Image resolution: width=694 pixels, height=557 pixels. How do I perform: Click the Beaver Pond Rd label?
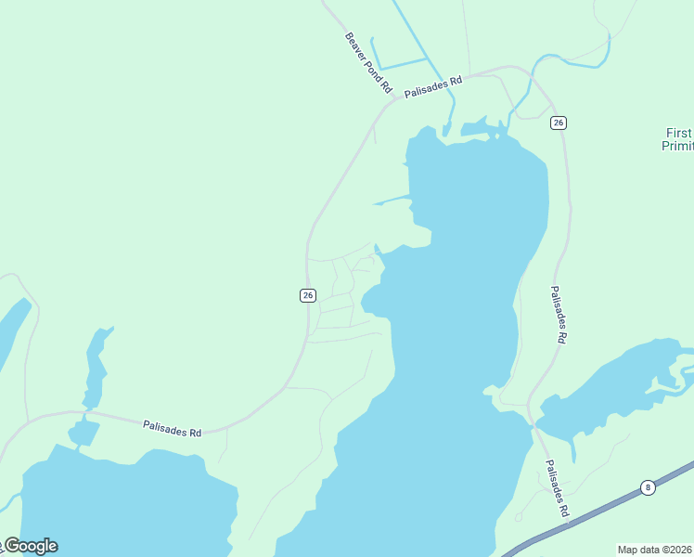tap(368, 63)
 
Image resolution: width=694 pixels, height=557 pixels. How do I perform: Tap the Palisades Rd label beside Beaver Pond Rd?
tap(432, 88)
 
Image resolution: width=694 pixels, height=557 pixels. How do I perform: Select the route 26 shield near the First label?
tap(558, 123)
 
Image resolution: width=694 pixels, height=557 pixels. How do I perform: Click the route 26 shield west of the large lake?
tap(308, 295)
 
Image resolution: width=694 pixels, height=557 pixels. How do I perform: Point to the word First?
tap(678, 133)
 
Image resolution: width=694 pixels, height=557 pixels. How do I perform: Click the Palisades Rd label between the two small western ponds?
tap(173, 428)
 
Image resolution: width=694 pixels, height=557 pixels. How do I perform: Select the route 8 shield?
tap(647, 486)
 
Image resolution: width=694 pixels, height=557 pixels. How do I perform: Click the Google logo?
tap(30, 546)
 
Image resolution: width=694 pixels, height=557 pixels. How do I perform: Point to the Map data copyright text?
tap(655, 550)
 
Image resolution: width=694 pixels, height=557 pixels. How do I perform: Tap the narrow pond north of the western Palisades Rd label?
tap(95, 367)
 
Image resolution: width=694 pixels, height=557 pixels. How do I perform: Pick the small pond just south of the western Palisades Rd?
tap(84, 432)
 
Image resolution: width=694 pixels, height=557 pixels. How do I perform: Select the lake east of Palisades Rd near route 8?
tap(612, 390)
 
